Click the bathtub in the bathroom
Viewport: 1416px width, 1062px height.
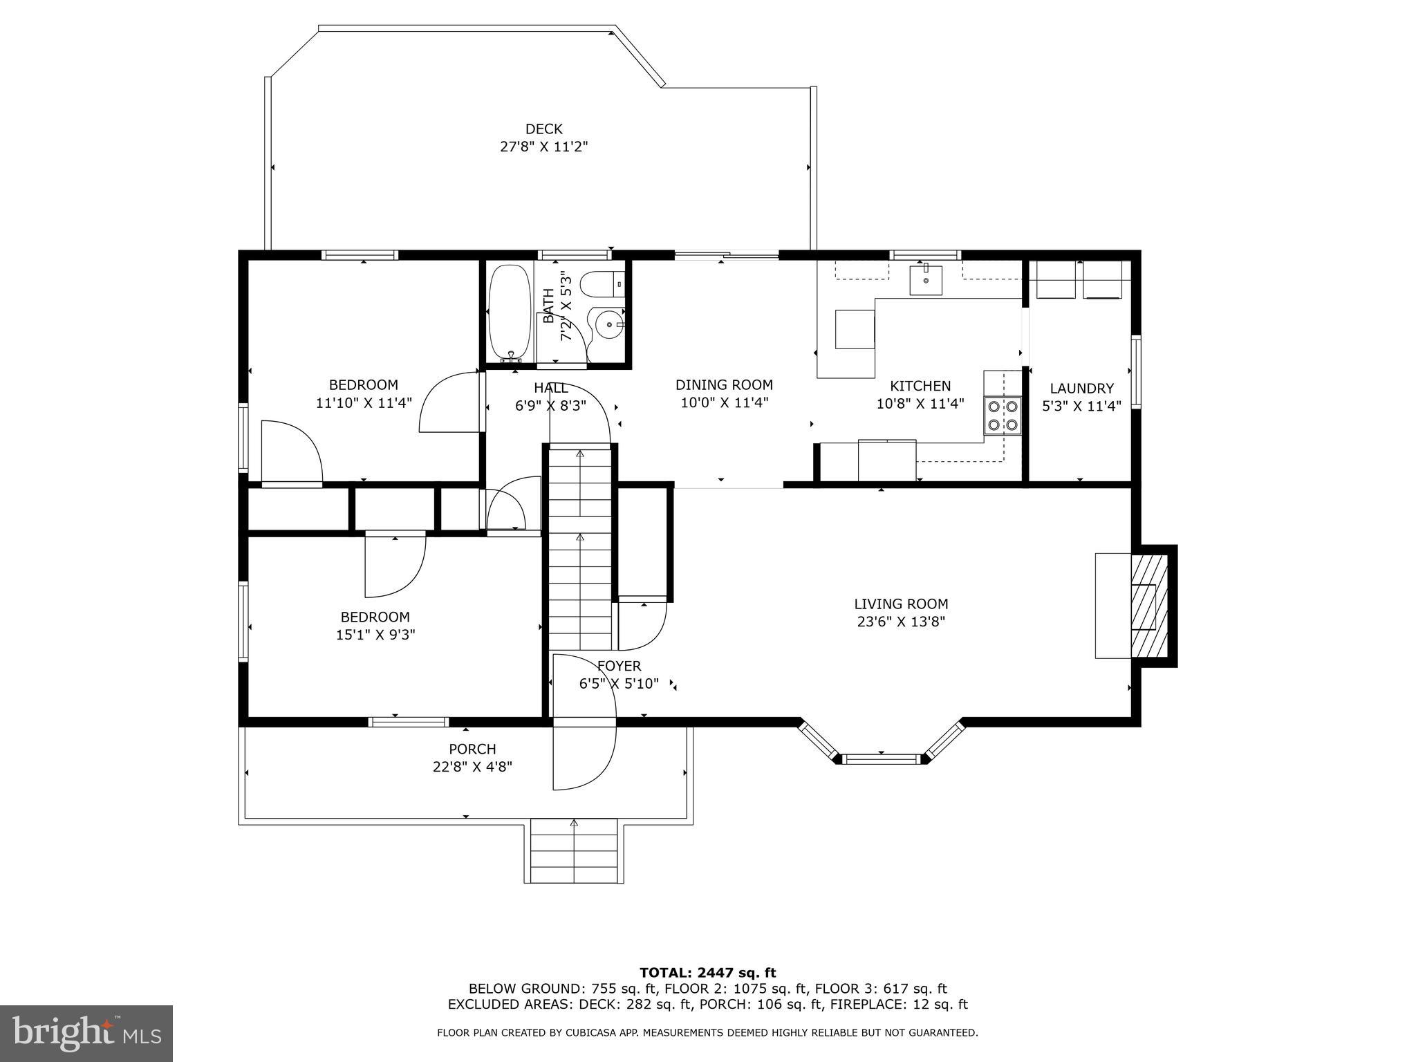(510, 313)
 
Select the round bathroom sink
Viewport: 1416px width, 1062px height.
(607, 324)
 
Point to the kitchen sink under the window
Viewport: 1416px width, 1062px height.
(926, 279)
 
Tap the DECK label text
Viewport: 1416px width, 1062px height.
(543, 129)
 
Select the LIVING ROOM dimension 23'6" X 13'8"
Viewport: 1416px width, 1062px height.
(900, 622)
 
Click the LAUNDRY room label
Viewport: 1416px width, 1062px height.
(1081, 389)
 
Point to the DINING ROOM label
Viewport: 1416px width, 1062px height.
(724, 385)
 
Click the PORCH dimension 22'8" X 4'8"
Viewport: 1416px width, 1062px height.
(472, 767)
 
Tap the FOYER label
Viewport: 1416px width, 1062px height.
(619, 666)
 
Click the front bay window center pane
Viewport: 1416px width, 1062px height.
(881, 758)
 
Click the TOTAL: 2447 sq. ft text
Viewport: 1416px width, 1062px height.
(707, 973)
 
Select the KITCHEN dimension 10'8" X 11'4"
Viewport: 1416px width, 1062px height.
(920, 404)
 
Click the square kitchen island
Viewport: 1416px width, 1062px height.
(855, 329)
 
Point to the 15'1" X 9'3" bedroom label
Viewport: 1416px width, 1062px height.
(375, 634)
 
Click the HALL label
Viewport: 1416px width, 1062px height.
(550, 388)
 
